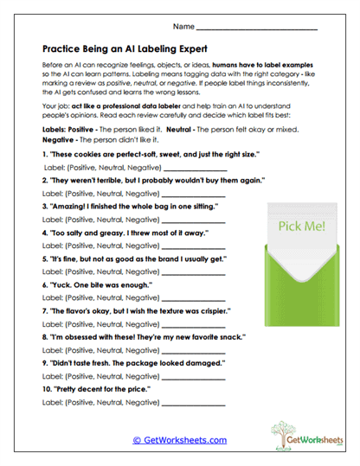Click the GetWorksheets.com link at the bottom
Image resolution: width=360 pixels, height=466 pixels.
tap(179, 439)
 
